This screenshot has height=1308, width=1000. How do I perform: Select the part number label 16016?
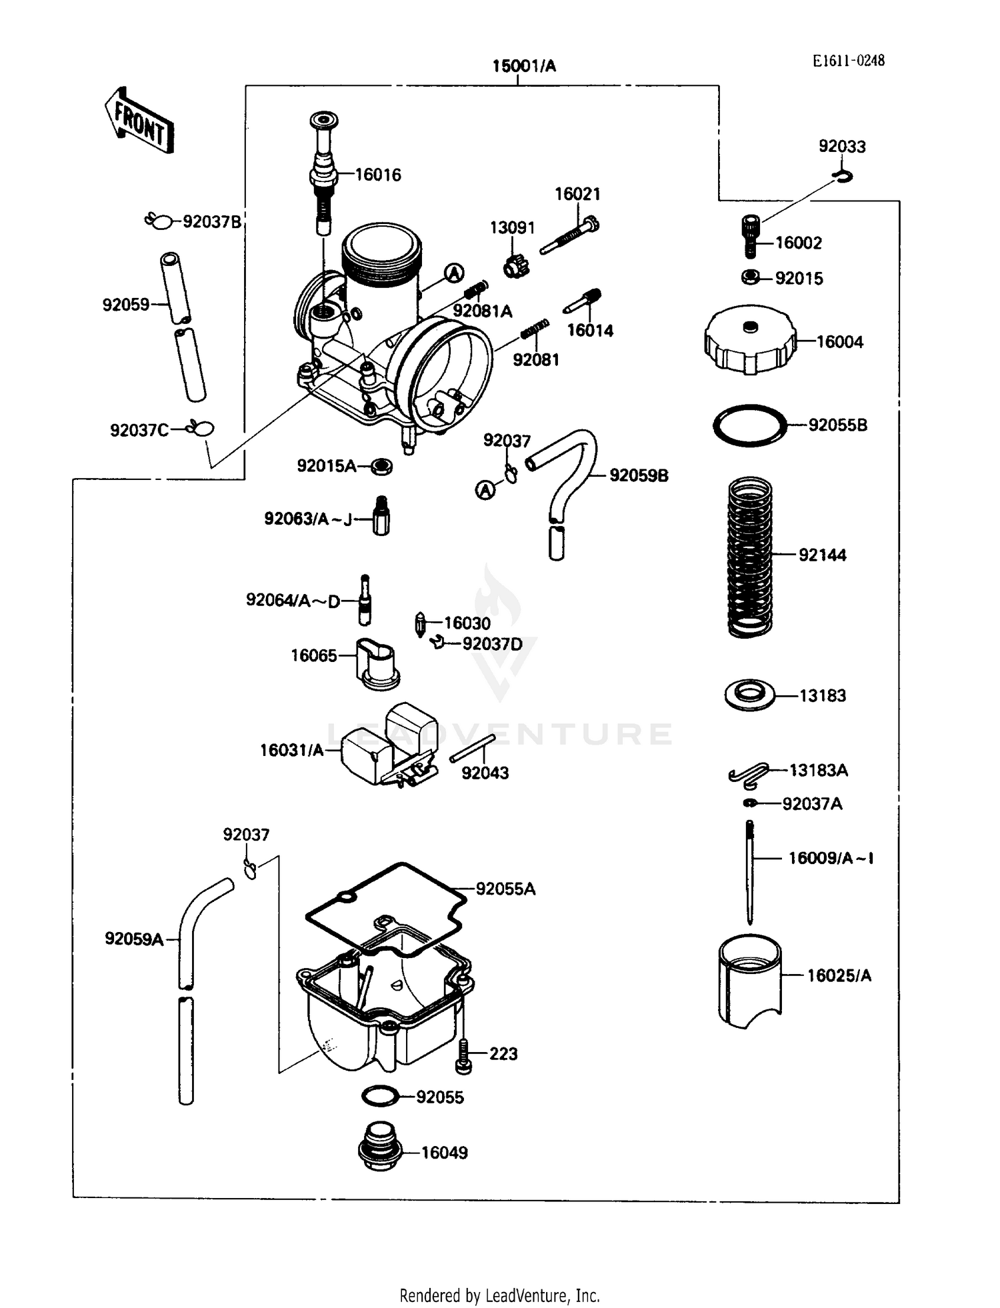[378, 175]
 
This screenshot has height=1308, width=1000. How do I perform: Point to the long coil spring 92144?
[750, 557]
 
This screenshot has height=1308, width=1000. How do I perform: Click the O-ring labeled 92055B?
[750, 425]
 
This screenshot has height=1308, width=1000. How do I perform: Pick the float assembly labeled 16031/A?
[389, 745]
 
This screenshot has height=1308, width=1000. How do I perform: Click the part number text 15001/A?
[524, 66]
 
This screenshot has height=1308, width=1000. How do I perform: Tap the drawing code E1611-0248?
[848, 61]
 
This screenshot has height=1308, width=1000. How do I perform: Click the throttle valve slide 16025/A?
[750, 981]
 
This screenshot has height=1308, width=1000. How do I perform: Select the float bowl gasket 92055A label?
[505, 889]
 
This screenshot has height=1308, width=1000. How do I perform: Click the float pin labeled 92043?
[472, 748]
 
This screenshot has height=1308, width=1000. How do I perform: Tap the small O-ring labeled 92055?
[380, 1095]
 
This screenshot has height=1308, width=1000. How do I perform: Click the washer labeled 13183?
[750, 695]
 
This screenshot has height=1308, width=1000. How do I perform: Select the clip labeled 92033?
[844, 177]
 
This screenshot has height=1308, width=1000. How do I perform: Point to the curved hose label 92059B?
[639, 476]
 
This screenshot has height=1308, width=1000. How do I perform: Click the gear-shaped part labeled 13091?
[515, 267]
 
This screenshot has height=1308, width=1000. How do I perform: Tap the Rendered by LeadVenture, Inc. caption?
[499, 1295]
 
